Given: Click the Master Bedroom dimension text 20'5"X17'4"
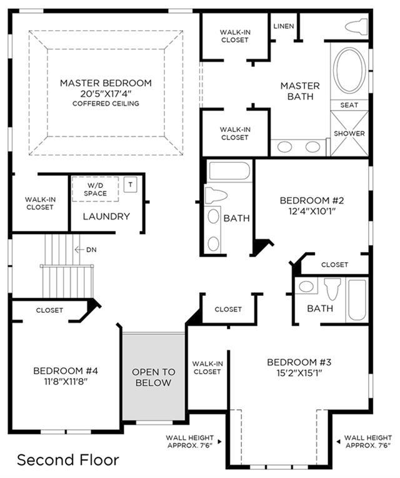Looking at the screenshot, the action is (106, 93).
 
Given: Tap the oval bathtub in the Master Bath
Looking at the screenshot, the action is (349, 70).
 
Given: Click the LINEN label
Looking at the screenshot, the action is (284, 26).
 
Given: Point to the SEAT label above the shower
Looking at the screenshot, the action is (349, 105).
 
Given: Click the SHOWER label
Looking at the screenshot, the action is (349, 133).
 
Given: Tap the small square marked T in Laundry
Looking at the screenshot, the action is (130, 185).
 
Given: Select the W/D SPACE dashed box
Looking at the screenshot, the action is (95, 189).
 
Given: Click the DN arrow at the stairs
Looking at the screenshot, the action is (79, 250).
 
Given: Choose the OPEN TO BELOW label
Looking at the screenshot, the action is (153, 377).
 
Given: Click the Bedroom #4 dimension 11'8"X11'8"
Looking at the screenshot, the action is (66, 382).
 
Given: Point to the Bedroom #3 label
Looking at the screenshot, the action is (299, 362).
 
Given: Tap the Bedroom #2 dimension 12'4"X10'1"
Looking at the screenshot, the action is (312, 211).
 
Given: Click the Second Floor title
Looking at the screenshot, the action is (68, 460).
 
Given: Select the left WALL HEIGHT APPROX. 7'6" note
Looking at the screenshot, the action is (189, 442).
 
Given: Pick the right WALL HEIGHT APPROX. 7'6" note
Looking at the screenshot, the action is (367, 442).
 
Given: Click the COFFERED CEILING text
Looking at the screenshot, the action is (106, 104).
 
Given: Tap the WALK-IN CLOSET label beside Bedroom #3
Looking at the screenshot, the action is (207, 368).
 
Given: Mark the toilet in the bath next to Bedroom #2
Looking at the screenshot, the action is (216, 195).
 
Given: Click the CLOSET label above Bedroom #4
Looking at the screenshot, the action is (49, 310).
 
